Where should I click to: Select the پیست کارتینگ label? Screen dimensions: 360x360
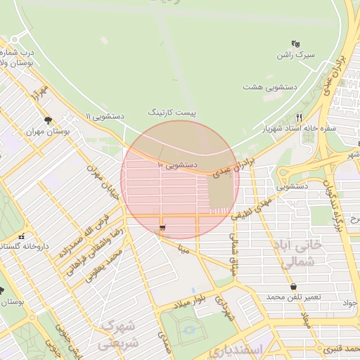click(x=172, y=112)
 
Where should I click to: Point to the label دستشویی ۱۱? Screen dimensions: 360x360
click(x=105, y=116)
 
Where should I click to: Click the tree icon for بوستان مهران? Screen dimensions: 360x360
click(x=48, y=120)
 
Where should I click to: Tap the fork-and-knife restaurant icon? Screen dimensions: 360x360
click(x=300, y=117)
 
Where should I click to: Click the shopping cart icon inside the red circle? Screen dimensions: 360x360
click(x=163, y=228)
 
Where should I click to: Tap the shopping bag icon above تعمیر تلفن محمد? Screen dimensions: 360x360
click(x=292, y=286)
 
